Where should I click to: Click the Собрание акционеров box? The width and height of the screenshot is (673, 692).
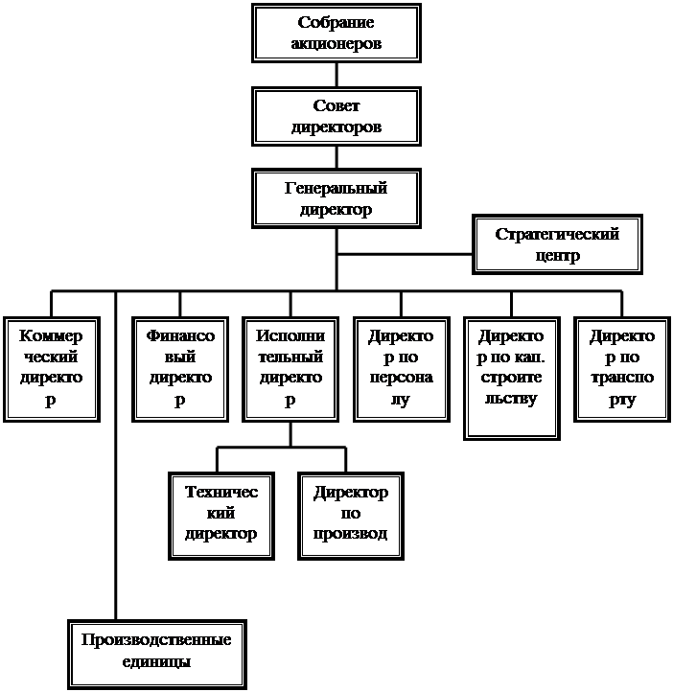[336, 34]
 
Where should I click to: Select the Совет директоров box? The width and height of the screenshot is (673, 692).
[336, 117]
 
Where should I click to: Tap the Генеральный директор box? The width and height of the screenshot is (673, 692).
[336, 198]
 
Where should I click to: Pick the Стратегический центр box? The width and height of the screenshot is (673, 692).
[557, 244]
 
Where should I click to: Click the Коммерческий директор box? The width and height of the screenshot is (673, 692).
[52, 369]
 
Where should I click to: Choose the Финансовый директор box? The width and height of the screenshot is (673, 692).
[180, 369]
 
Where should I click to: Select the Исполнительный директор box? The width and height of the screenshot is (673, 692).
[290, 369]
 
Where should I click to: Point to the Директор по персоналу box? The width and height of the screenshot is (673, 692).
[402, 369]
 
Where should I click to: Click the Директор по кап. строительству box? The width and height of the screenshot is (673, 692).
[512, 379]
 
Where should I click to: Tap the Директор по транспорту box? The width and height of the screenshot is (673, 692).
[622, 369]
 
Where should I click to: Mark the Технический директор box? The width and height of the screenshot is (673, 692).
[221, 517]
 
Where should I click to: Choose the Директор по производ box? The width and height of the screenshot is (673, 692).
[351, 517]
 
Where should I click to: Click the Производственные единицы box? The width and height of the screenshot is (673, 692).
[157, 654]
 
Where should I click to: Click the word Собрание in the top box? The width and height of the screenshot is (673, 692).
[336, 22]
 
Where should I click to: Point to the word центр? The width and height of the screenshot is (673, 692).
[557, 256]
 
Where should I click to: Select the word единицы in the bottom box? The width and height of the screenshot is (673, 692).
[156, 662]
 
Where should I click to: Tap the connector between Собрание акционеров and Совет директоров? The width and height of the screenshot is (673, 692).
[336, 75]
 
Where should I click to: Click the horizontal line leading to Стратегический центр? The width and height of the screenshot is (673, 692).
[405, 254]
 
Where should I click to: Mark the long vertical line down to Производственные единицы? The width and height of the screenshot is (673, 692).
[116, 455]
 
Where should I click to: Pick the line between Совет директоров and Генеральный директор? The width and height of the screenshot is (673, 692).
[336, 157]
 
